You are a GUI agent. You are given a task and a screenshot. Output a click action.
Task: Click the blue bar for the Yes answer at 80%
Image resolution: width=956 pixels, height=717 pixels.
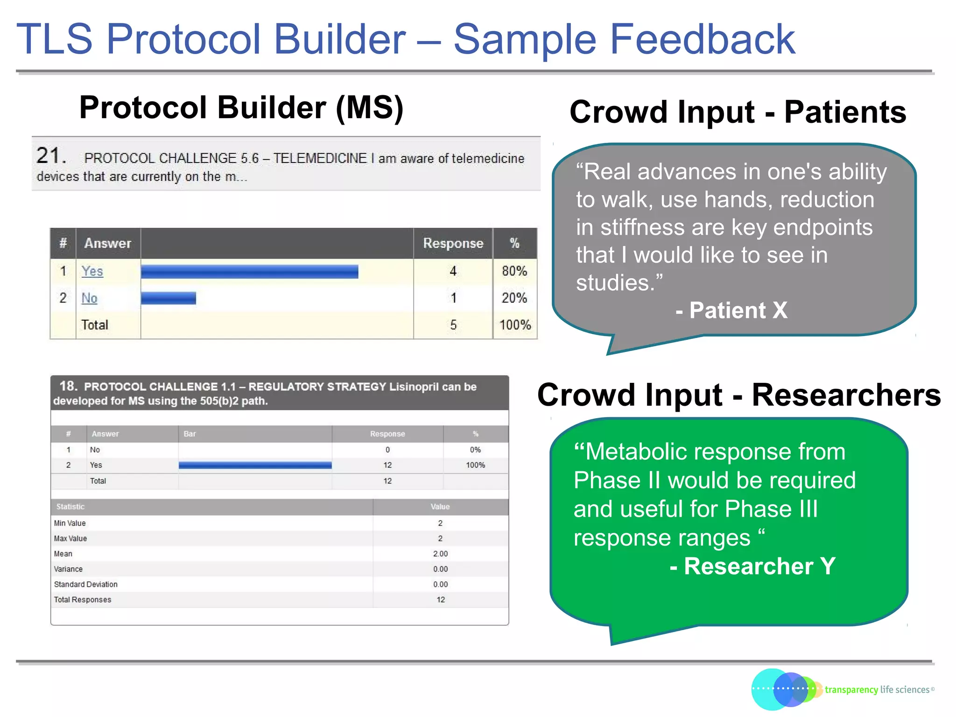(x=249, y=272)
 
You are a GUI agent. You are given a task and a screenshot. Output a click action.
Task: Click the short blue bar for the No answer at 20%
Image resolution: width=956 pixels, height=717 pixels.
(x=168, y=298)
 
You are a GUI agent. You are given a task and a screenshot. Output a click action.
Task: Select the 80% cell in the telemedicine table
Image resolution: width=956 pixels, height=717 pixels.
(x=514, y=271)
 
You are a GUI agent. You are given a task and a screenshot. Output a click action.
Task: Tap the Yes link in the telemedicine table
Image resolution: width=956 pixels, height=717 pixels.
(x=92, y=271)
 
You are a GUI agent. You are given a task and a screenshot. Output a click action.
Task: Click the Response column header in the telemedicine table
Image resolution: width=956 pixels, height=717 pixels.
(x=453, y=243)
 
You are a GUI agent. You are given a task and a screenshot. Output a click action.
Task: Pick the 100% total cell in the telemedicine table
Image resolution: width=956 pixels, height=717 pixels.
(x=515, y=325)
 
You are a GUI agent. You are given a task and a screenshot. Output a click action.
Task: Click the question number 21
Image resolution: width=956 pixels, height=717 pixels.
(x=50, y=155)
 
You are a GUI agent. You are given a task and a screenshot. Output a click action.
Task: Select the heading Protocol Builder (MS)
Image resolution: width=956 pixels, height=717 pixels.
(x=241, y=108)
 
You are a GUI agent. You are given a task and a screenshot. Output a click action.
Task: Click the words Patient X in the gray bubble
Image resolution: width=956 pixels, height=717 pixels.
(x=738, y=310)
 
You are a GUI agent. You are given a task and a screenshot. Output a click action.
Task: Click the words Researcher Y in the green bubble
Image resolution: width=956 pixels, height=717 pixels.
(x=759, y=566)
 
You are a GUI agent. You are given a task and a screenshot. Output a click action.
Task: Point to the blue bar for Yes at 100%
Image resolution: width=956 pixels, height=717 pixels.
(x=255, y=465)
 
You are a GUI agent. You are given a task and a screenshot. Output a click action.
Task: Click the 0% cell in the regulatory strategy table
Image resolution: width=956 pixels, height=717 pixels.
(x=475, y=450)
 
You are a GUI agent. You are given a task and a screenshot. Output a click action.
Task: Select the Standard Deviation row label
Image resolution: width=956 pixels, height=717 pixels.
(x=86, y=584)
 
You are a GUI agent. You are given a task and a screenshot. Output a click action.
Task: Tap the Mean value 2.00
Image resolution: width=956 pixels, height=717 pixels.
(x=440, y=554)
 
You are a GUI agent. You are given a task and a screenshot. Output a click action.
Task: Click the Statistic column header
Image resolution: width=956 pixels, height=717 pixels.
(x=70, y=506)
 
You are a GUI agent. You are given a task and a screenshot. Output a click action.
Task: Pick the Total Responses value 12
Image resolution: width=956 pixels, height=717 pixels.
(x=440, y=599)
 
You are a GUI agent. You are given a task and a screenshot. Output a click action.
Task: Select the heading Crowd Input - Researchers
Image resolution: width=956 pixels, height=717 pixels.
(x=738, y=395)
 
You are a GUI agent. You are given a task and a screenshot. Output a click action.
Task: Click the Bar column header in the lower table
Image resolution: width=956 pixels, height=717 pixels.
(x=190, y=434)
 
